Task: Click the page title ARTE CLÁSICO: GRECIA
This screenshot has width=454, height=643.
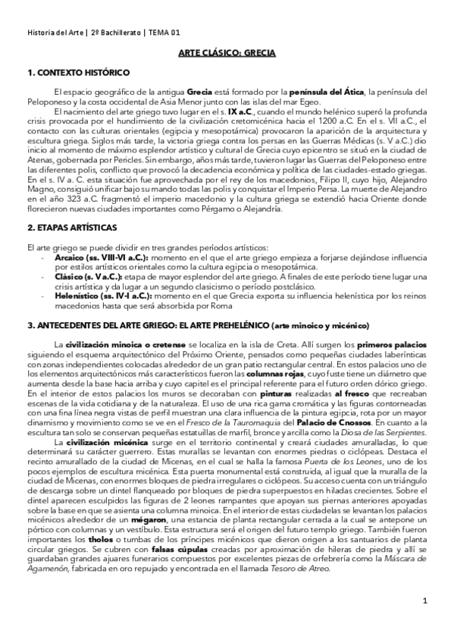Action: point(227,54)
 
